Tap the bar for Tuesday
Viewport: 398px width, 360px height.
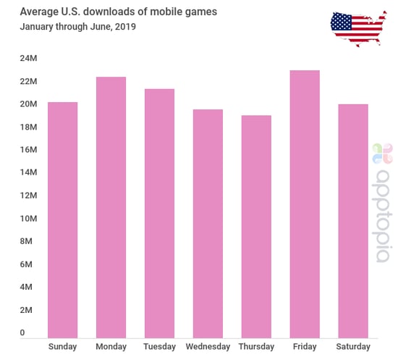159,213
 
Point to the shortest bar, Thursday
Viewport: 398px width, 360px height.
256,226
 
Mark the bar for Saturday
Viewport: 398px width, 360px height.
353,220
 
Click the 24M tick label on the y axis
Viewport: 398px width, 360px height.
27,58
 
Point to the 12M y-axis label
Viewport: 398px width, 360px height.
27,196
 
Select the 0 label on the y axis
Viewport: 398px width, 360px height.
22,333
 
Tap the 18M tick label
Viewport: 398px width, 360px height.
27,127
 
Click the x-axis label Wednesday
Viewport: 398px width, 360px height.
208,347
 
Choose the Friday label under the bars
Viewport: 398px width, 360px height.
305,347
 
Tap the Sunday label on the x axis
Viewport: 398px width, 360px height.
62,347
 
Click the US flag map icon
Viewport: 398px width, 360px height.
357,27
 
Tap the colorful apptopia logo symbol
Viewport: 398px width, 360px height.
382,153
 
